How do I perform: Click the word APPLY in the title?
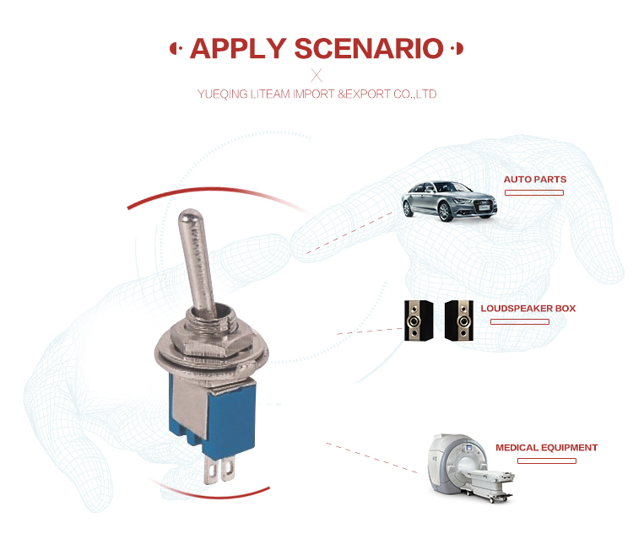click(237, 48)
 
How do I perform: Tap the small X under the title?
click(316, 75)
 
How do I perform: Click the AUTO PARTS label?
click(535, 180)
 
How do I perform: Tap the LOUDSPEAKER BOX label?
click(528, 309)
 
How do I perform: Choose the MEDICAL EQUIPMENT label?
click(547, 448)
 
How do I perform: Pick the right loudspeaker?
click(461, 321)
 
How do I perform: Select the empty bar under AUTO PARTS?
click(534, 193)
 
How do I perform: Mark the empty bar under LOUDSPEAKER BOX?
click(519, 322)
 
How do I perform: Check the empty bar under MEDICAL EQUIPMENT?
click(547, 461)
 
